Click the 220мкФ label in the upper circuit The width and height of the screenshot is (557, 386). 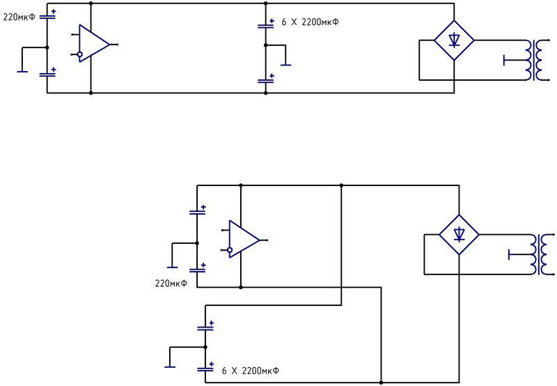tap(19, 17)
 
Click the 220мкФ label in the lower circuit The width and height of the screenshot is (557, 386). tap(171, 284)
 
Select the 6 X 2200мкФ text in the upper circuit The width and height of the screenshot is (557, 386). tap(310, 22)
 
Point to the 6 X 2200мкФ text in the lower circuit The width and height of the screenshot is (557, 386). tap(251, 371)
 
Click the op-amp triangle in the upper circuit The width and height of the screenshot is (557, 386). tap(94, 44)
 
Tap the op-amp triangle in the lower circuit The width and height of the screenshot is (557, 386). tap(244, 239)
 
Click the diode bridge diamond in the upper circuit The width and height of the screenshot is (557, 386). tap(454, 40)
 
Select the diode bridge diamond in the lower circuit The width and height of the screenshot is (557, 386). tap(459, 235)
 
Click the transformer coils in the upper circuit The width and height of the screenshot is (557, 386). tap(537, 60)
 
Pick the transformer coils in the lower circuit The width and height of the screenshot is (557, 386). tap(542, 254)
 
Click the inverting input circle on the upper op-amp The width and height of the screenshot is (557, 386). tap(80, 54)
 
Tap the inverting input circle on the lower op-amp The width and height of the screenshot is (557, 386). tap(230, 250)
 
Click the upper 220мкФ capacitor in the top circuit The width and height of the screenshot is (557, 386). tap(47, 15)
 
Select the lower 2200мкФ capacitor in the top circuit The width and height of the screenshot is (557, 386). tap(266, 79)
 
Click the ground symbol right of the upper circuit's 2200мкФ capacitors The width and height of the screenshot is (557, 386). tap(285, 65)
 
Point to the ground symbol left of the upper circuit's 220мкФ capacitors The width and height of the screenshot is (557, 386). tap(22, 72)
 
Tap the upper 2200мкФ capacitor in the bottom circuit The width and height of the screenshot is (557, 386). tap(205, 327)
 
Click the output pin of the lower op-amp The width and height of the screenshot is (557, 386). tap(264, 240)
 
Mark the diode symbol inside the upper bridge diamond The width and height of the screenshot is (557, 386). tap(454, 40)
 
